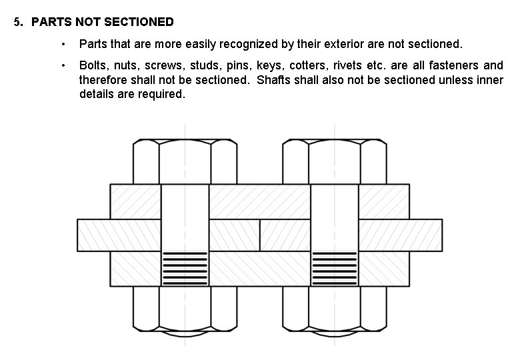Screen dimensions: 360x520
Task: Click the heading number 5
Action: (x=17, y=22)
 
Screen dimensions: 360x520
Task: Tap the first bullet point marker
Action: (x=63, y=44)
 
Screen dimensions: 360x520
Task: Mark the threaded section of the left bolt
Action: (x=185, y=268)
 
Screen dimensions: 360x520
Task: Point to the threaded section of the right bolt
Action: (x=335, y=268)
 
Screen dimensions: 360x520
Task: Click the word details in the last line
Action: (x=95, y=94)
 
